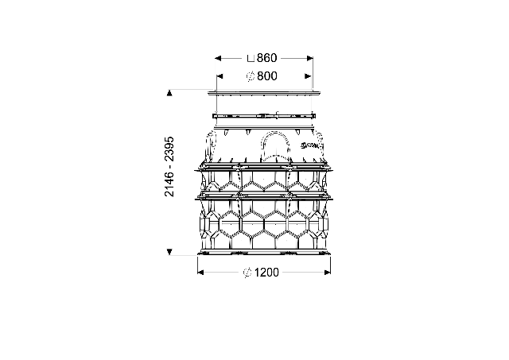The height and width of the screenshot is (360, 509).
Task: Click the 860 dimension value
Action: pyautogui.click(x=267, y=58)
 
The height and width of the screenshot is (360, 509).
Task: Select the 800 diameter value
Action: pyautogui.click(x=267, y=76)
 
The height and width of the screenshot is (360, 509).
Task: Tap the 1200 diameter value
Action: pyautogui.click(x=266, y=273)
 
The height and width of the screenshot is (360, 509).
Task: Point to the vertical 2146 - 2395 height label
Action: pyautogui.click(x=169, y=167)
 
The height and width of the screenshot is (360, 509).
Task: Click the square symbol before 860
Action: pyautogui.click(x=251, y=58)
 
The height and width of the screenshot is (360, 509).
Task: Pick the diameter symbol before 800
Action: pyautogui.click(x=251, y=76)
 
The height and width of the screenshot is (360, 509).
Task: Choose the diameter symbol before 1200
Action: pyautogui.click(x=247, y=273)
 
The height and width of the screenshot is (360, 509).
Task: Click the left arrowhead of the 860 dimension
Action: pyautogui.click(x=218, y=58)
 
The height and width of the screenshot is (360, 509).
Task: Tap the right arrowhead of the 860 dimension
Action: pyautogui.click(x=310, y=58)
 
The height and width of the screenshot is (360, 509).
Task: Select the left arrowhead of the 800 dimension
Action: pyautogui.click(x=220, y=76)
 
